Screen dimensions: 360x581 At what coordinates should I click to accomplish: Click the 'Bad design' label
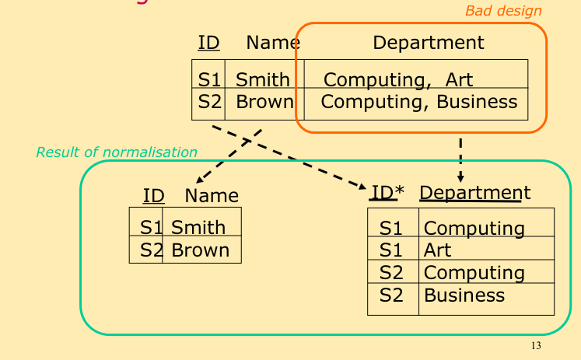click(x=503, y=11)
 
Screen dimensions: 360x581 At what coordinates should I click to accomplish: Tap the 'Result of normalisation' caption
click(x=117, y=152)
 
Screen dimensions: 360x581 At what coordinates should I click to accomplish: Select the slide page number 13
click(x=535, y=346)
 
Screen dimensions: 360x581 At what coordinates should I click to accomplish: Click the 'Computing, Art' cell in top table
click(x=397, y=79)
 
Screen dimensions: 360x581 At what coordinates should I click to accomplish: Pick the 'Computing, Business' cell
click(x=418, y=102)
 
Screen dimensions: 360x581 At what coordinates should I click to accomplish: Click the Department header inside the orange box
click(x=428, y=43)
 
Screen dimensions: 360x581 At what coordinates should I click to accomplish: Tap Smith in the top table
click(x=262, y=79)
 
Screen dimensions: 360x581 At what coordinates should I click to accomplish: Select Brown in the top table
click(x=264, y=102)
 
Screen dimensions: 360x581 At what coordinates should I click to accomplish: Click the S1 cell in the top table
click(x=209, y=79)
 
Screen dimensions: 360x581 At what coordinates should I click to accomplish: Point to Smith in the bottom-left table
click(x=198, y=228)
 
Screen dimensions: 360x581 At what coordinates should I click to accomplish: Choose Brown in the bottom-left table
click(x=200, y=250)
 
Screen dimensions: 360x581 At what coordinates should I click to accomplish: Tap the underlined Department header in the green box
click(x=474, y=193)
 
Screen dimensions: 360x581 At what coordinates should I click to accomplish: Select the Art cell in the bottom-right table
click(x=437, y=250)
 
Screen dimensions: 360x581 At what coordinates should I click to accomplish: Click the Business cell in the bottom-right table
click(x=464, y=295)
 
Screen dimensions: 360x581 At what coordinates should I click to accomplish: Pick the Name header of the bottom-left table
click(x=212, y=196)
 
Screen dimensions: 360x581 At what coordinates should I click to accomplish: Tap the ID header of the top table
click(x=208, y=43)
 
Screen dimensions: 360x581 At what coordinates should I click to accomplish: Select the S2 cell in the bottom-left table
click(x=152, y=250)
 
